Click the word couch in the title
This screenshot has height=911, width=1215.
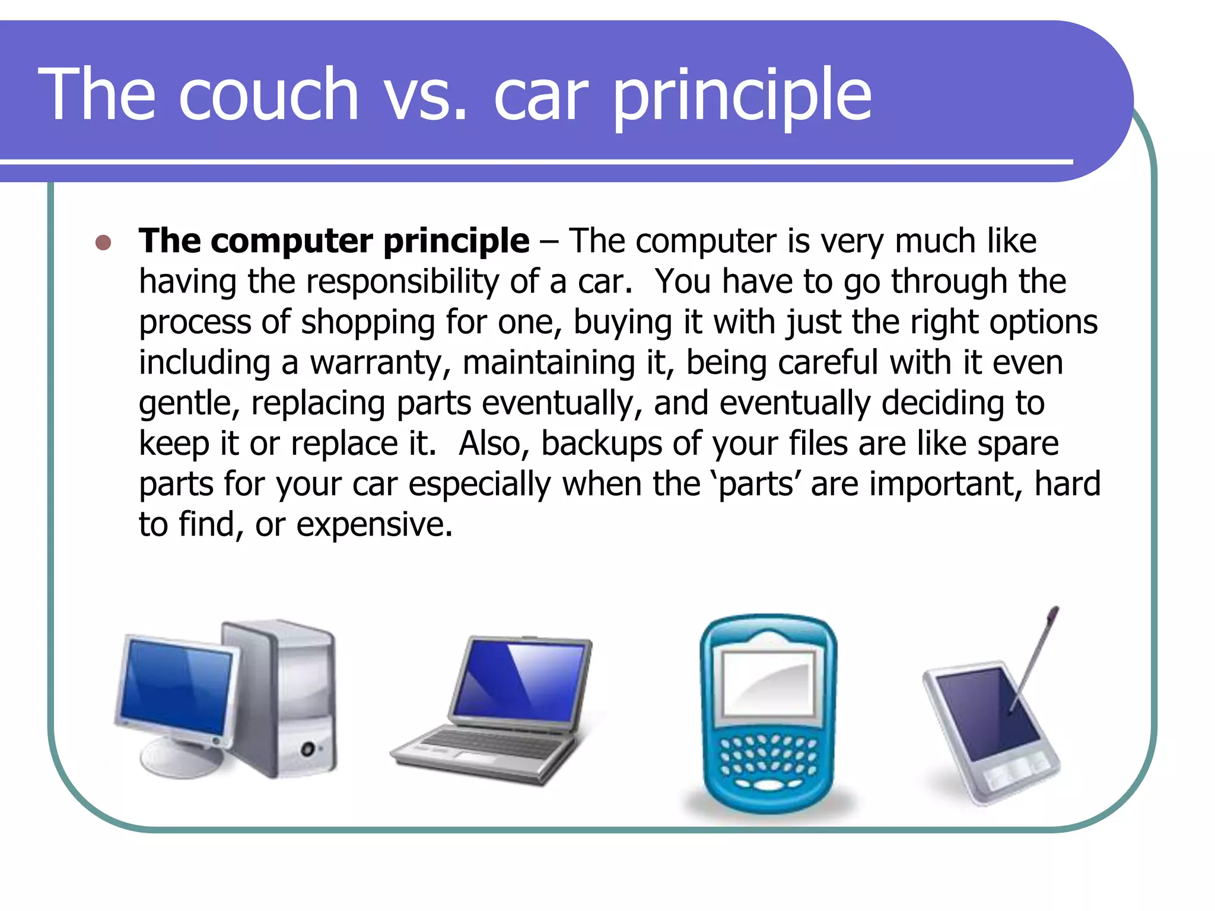coord(268,95)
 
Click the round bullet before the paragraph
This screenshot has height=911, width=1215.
coord(103,243)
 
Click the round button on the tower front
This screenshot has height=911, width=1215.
coord(307,748)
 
